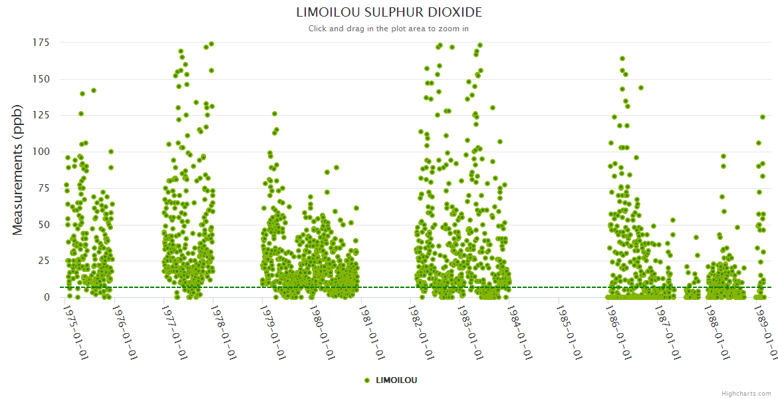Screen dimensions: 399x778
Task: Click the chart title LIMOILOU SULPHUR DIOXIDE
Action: coord(389,12)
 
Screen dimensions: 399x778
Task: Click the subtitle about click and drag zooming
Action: coord(389,29)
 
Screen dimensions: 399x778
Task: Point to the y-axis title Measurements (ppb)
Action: coord(18,170)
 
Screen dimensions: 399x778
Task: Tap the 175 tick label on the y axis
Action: coord(41,43)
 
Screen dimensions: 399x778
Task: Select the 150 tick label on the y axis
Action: coord(41,79)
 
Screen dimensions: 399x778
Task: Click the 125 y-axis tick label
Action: coord(41,116)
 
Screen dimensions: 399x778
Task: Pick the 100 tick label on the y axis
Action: coord(41,152)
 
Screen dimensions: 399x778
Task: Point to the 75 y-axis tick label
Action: coord(44,188)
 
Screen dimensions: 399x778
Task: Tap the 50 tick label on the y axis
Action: coord(44,225)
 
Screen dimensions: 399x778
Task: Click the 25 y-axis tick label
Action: coord(44,261)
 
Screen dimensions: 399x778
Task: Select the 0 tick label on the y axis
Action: coord(47,297)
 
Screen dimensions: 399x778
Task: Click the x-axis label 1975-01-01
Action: coord(76,331)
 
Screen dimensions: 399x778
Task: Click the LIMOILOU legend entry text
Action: coord(396,380)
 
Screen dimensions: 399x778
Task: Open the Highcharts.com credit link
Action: coord(747,393)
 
